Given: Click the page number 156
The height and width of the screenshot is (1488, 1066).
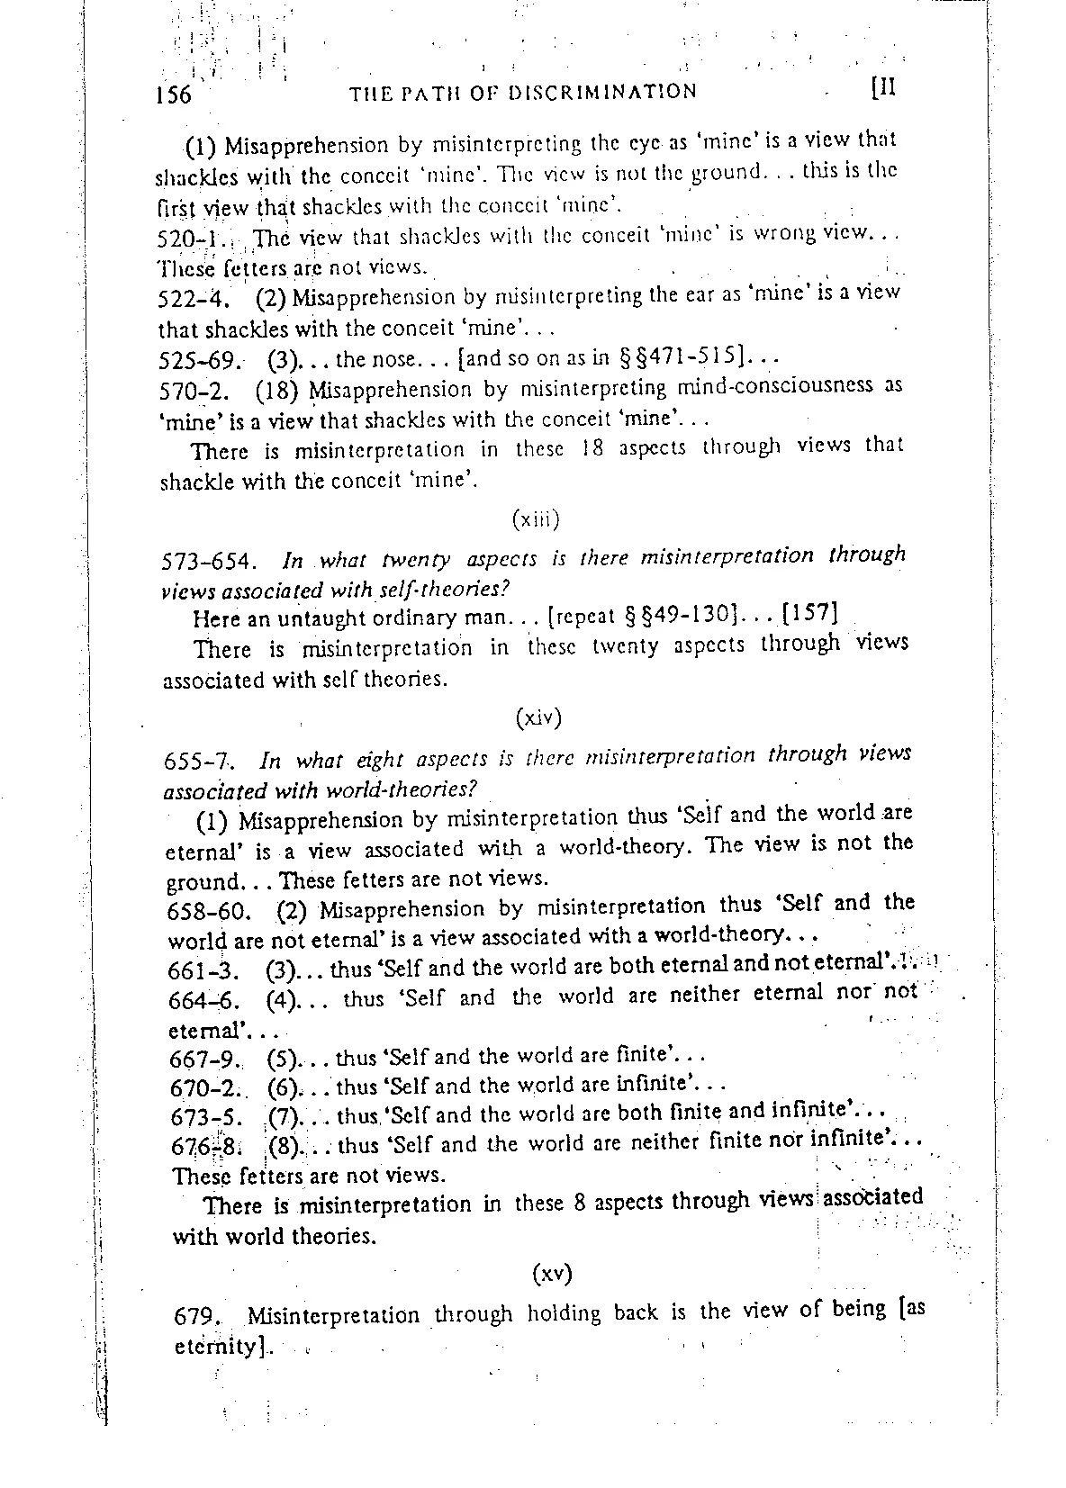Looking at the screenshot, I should [174, 95].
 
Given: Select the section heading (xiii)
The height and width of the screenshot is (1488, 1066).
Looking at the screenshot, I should [536, 519].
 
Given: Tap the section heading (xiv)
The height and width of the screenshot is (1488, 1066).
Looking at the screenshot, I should [539, 717].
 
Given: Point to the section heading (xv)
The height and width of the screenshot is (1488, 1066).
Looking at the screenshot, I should [552, 1274].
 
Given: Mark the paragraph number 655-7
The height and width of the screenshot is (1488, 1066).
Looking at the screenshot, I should [200, 762].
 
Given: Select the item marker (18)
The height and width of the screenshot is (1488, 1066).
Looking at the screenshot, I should [277, 391].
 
